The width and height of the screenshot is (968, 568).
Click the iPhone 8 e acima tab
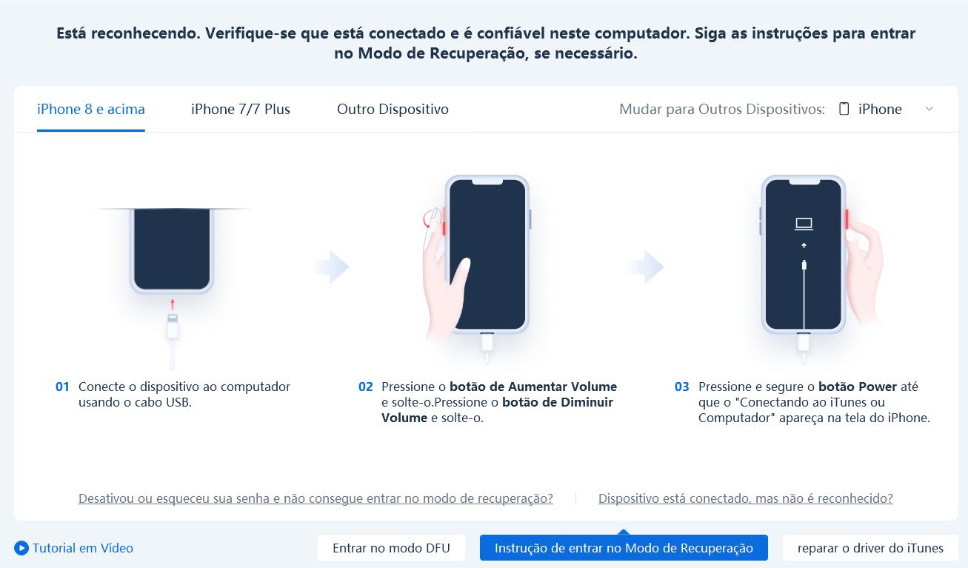click(x=91, y=110)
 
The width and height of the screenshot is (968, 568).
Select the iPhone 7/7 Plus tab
click(x=240, y=110)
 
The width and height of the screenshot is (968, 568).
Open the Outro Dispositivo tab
click(x=393, y=110)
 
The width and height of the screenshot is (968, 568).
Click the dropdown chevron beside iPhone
click(x=929, y=110)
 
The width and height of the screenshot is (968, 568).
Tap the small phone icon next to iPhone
click(x=844, y=109)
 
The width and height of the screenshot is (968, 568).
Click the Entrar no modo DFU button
click(x=391, y=548)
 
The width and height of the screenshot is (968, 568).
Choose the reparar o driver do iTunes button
click(x=870, y=548)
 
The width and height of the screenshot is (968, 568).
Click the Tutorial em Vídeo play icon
click(x=21, y=548)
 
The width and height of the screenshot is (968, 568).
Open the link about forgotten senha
click(x=316, y=498)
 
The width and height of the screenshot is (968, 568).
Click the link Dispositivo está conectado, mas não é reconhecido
click(x=746, y=498)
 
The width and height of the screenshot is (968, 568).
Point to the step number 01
click(x=62, y=387)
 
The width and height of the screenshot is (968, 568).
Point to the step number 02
click(x=366, y=387)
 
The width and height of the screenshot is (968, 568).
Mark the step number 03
click(x=682, y=387)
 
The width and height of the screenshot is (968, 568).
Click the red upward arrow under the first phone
click(x=173, y=304)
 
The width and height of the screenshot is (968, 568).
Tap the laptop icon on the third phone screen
click(x=804, y=224)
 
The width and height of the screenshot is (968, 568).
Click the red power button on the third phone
click(x=847, y=219)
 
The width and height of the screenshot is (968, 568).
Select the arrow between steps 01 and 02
click(x=330, y=267)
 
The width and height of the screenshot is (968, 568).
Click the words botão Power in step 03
click(x=858, y=387)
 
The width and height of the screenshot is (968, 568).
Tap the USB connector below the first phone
click(x=173, y=327)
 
